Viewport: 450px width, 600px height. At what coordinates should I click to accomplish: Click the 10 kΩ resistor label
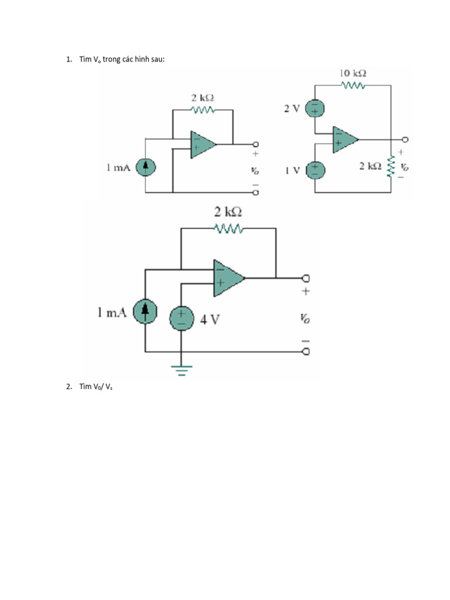(353, 73)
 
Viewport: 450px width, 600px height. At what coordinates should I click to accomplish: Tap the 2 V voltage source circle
(315, 109)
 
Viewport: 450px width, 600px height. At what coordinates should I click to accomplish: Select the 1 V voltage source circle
(315, 170)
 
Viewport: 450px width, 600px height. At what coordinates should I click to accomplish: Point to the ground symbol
(181, 369)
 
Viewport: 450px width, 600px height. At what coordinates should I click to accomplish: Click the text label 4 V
(210, 319)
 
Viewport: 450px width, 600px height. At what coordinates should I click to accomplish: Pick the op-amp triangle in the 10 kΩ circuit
(345, 139)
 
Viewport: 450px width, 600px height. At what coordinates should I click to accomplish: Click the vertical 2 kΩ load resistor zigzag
(391, 166)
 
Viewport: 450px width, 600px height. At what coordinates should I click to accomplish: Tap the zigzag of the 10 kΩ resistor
(353, 86)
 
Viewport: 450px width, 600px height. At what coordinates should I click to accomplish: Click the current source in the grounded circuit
(145, 312)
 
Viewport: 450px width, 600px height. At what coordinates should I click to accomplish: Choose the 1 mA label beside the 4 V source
(112, 313)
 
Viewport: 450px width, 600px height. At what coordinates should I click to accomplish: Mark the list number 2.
(69, 386)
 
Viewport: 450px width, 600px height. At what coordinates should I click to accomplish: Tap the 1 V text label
(292, 170)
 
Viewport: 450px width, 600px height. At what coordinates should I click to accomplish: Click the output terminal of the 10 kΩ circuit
(404, 139)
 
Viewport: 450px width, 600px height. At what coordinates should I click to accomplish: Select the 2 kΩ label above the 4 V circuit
(228, 212)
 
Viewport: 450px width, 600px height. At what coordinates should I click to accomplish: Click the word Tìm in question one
(86, 59)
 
